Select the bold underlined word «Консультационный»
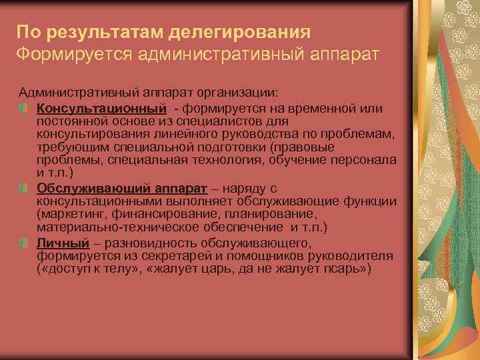point(101,107)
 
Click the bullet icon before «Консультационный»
point(23,107)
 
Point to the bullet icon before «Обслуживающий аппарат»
point(23,189)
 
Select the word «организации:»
point(247,95)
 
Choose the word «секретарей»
point(186,257)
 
